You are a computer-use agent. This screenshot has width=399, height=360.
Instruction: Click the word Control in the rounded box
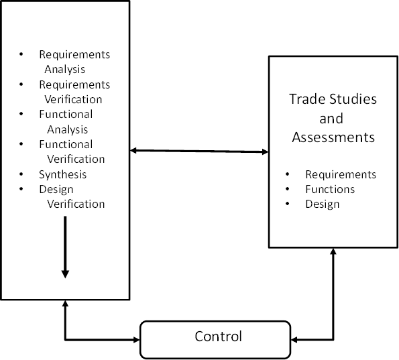click(x=218, y=336)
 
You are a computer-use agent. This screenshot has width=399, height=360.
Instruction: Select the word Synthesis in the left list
click(x=62, y=174)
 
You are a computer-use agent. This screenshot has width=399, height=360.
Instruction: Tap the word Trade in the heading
click(x=306, y=99)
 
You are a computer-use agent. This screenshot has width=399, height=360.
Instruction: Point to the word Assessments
click(x=332, y=138)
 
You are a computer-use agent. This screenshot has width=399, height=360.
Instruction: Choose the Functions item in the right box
click(x=330, y=189)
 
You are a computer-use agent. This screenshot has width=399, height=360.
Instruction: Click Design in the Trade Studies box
click(x=323, y=204)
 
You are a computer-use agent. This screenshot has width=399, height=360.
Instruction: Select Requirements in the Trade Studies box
click(x=341, y=174)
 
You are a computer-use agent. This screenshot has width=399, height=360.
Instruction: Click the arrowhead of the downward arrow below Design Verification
click(x=65, y=273)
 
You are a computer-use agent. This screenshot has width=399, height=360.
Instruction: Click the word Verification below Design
click(x=76, y=204)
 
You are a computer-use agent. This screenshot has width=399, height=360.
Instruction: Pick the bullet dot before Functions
click(x=289, y=189)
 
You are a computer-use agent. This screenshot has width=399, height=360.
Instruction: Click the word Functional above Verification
click(x=66, y=144)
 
